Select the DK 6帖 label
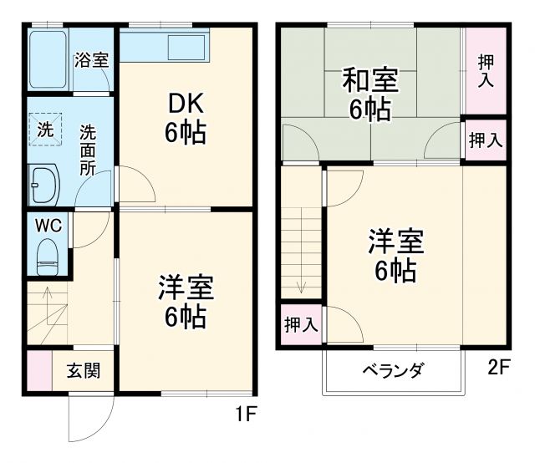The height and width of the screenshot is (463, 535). coord(185,118)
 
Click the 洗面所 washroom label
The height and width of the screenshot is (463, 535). coord(88,149)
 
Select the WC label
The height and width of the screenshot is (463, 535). coord(48,226)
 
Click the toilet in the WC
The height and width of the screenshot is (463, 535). coord(48,255)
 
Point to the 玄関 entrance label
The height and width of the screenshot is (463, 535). coord(84,370)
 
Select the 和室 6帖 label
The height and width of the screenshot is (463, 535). coord(369,96)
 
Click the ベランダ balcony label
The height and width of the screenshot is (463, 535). coord(392,370)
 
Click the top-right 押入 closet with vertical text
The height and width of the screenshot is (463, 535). coord(486,70)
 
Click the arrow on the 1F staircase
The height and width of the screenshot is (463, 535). coord(47,295)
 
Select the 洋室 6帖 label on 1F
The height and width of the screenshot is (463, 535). coord(185,303)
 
